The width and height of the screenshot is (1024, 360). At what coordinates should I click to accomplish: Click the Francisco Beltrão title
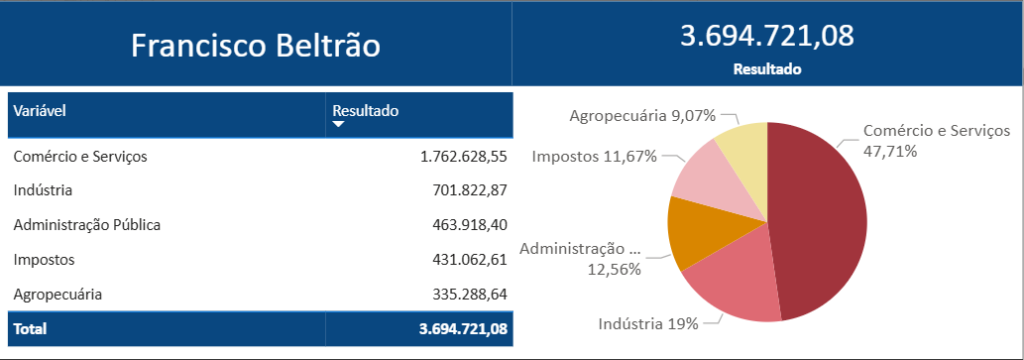point(256,45)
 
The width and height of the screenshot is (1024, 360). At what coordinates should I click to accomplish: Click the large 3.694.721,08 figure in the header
point(767,36)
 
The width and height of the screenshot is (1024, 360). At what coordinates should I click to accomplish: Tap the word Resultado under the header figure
point(767,70)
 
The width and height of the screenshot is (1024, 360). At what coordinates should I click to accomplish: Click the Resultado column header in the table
point(365,111)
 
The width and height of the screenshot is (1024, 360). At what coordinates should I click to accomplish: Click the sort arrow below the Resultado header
point(338,125)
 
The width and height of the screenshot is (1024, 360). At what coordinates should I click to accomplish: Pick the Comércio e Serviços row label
point(81,156)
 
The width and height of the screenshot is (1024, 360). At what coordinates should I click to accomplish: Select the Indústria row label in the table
point(44,190)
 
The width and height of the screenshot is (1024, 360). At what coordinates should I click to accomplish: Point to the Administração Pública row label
point(88,225)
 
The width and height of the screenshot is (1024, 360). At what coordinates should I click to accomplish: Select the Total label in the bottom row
point(30,328)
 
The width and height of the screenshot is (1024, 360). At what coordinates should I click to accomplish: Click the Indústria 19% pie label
point(647,324)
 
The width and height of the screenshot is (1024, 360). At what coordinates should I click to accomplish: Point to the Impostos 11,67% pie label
point(594,156)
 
